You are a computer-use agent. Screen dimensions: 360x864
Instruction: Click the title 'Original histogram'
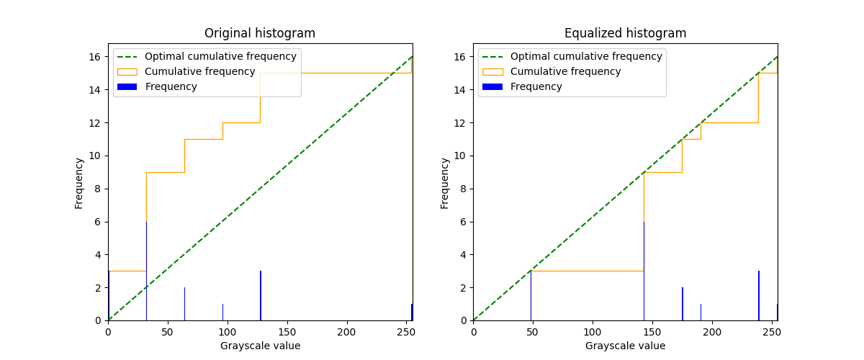tap(259, 33)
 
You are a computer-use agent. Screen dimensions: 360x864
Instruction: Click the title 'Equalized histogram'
tap(625, 33)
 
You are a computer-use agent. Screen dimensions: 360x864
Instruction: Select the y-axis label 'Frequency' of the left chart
tap(79, 183)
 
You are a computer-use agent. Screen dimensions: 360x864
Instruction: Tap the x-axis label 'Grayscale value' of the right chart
tap(625, 346)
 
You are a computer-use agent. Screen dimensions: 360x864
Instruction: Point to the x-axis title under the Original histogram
tap(260, 346)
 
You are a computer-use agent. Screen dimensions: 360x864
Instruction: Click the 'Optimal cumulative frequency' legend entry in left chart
tap(220, 56)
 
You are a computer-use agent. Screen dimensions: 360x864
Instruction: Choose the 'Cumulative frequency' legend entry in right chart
tap(565, 71)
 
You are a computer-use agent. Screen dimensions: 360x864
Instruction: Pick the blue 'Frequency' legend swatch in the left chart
tap(127, 86)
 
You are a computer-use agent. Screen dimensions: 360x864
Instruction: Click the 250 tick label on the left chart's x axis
tap(407, 332)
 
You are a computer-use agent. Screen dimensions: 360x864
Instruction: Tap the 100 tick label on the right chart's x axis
tap(593, 332)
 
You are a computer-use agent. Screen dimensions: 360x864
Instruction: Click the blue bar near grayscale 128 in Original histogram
tap(261, 296)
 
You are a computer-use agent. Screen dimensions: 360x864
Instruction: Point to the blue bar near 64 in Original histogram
tap(184, 304)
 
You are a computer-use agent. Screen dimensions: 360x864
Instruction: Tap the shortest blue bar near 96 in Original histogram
tap(222, 312)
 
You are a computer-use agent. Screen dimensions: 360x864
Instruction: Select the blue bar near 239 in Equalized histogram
tap(758, 296)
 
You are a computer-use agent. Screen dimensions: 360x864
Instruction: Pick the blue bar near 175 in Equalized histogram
tap(682, 304)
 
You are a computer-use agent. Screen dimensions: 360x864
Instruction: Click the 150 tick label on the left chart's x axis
tap(287, 332)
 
